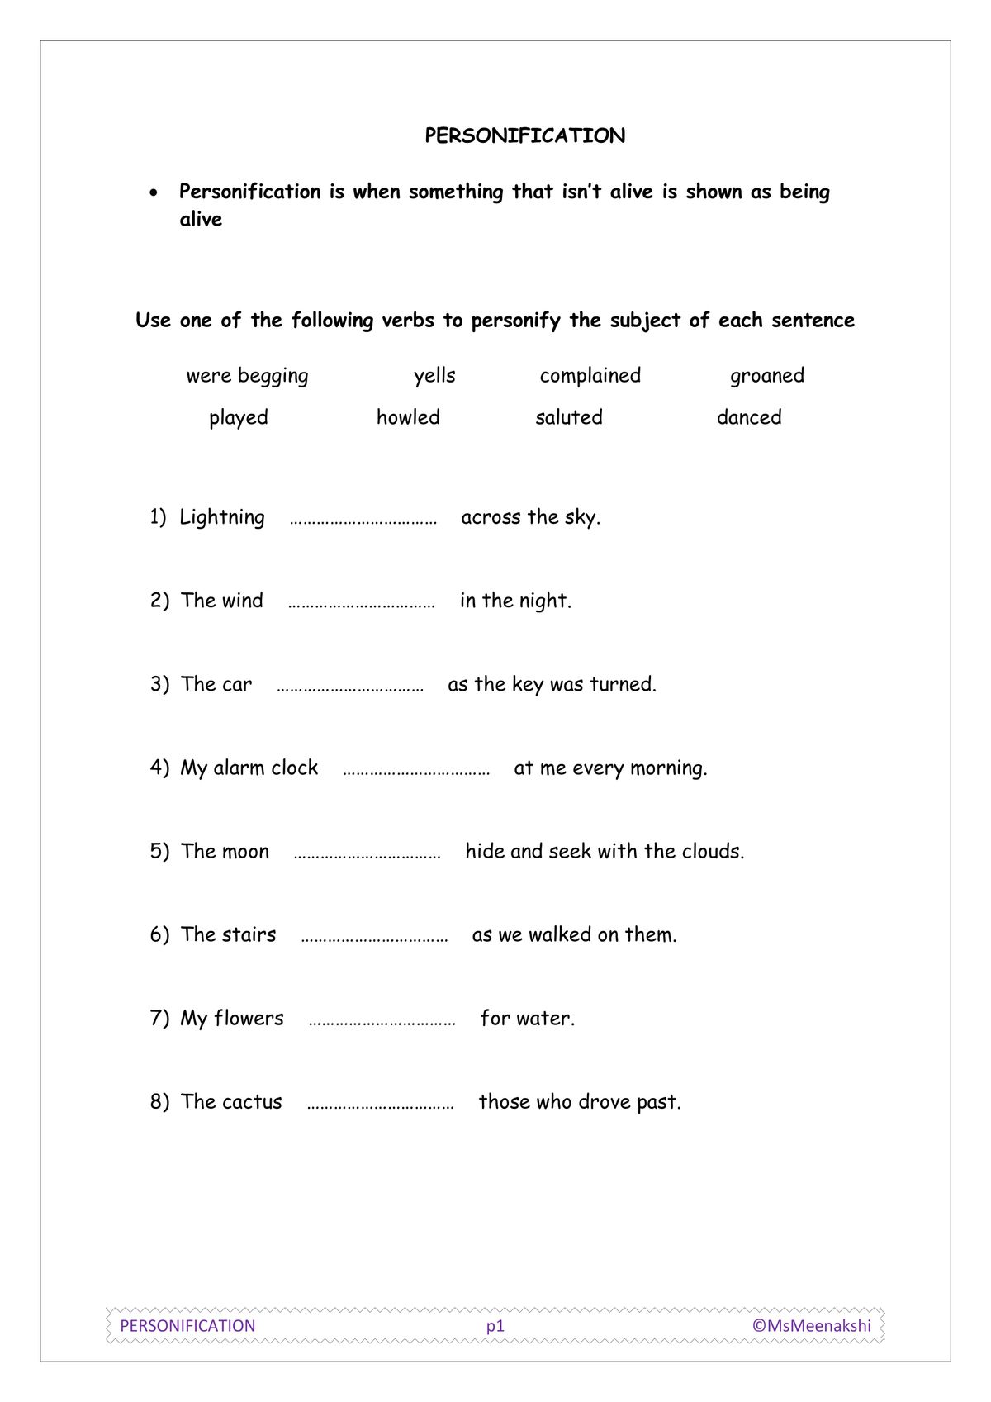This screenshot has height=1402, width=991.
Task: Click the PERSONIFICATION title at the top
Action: (x=524, y=135)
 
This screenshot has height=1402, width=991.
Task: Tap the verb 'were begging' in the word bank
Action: (x=247, y=376)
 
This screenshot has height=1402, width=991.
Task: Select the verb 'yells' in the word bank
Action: (x=434, y=376)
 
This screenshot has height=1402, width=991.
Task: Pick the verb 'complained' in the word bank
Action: (x=590, y=376)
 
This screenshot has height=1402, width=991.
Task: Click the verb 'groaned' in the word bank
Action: (x=766, y=376)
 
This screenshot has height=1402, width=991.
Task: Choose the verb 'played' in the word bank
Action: (x=238, y=418)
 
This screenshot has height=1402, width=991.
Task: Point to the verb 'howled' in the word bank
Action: (x=408, y=417)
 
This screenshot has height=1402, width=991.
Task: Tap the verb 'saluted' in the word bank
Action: (x=568, y=417)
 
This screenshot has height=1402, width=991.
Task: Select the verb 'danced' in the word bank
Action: (x=748, y=417)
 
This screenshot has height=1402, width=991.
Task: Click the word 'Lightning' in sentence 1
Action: (x=221, y=518)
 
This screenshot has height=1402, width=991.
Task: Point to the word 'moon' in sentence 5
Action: (x=246, y=852)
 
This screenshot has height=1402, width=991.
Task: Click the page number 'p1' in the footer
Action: (x=495, y=1326)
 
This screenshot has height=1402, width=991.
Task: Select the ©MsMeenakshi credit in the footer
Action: (x=811, y=1325)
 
